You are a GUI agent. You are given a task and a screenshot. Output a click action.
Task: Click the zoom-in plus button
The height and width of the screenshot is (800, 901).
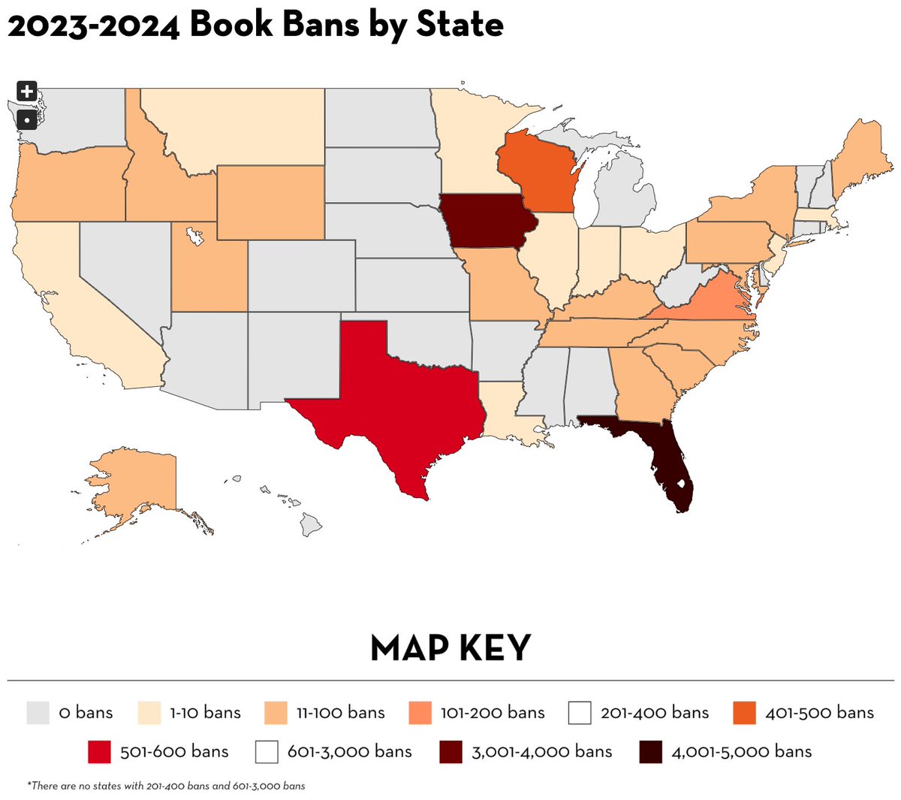26,92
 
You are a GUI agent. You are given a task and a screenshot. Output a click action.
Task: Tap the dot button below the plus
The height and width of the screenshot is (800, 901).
26,119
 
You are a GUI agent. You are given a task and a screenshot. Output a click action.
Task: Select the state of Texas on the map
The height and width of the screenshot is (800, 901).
390,406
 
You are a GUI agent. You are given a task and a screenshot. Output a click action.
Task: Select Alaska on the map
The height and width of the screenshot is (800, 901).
143,488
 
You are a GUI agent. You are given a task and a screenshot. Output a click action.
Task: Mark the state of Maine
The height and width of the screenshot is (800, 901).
863,162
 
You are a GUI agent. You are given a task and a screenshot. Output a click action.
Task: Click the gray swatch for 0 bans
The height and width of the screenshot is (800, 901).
38,712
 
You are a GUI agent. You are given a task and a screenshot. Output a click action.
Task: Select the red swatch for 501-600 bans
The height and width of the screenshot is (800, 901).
99,751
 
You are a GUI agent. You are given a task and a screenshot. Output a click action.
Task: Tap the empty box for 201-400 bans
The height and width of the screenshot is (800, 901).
580,712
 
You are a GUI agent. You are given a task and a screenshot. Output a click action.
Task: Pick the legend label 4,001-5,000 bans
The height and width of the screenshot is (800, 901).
741,751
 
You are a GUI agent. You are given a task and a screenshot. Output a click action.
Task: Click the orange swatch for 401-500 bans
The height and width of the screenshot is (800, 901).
744,712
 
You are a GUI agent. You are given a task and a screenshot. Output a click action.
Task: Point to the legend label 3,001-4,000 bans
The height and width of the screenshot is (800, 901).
541,751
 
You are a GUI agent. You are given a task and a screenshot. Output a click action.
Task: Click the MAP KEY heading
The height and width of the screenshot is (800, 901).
450,648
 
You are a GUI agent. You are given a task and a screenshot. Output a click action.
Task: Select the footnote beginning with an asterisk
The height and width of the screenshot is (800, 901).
167,786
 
